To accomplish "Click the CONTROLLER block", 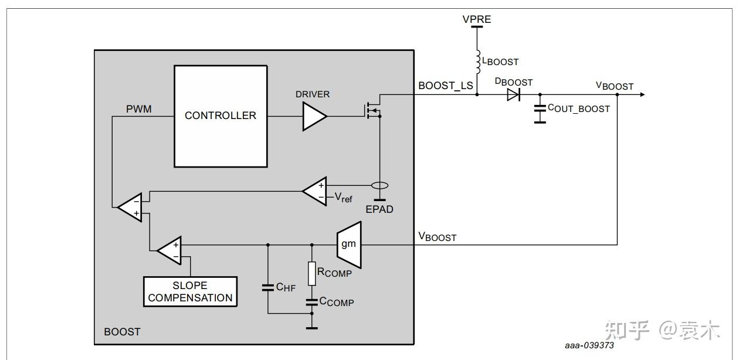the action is tap(221, 116).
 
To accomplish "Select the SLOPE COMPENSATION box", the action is tap(190, 291).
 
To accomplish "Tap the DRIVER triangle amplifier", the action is tap(315, 116).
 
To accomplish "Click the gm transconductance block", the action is tap(349, 244).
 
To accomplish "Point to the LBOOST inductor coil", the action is tap(477, 62).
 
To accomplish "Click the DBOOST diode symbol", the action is tap(514, 94).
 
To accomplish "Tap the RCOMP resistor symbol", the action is tap(312, 273).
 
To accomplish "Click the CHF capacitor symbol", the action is tap(268, 287).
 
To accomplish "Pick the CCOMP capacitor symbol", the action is tap(312, 302).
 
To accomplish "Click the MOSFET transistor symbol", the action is tap(373, 110).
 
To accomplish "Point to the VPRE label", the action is tap(477, 19).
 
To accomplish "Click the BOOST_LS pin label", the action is tap(446, 86).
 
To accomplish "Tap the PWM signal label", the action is tap(138, 109).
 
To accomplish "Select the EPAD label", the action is tap(379, 209).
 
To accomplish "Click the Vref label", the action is tap(344, 198).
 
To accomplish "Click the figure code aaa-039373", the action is tap(589, 345).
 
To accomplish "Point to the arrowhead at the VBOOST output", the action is tap(642, 94).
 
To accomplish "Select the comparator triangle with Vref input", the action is tap(315, 191).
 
